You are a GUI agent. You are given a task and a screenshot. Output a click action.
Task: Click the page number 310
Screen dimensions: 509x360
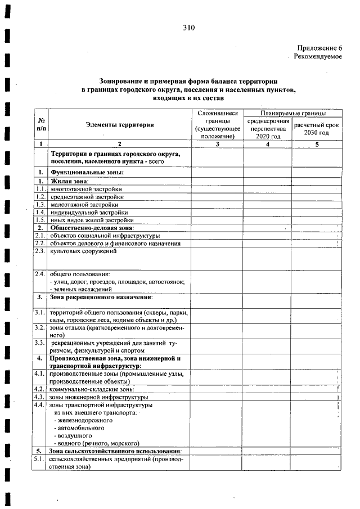(188, 28)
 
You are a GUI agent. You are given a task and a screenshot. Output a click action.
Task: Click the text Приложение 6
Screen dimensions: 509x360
(319, 49)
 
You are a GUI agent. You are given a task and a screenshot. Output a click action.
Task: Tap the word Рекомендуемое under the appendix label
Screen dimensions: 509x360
(318, 57)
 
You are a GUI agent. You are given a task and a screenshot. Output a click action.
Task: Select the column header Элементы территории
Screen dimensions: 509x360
(119, 125)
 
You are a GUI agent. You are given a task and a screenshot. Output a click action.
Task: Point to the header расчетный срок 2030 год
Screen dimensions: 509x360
(317, 129)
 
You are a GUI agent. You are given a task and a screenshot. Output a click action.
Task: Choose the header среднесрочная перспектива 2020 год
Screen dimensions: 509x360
(268, 129)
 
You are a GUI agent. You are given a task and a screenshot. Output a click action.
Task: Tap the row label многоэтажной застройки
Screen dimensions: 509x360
(85, 189)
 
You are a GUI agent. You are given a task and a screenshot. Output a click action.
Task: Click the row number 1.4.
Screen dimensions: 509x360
(39, 213)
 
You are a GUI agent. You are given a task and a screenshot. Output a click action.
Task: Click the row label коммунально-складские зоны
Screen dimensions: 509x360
(92, 389)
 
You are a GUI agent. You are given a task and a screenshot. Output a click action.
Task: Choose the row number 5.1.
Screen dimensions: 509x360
(39, 460)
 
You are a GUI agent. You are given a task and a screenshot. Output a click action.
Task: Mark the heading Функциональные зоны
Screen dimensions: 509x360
(87, 172)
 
